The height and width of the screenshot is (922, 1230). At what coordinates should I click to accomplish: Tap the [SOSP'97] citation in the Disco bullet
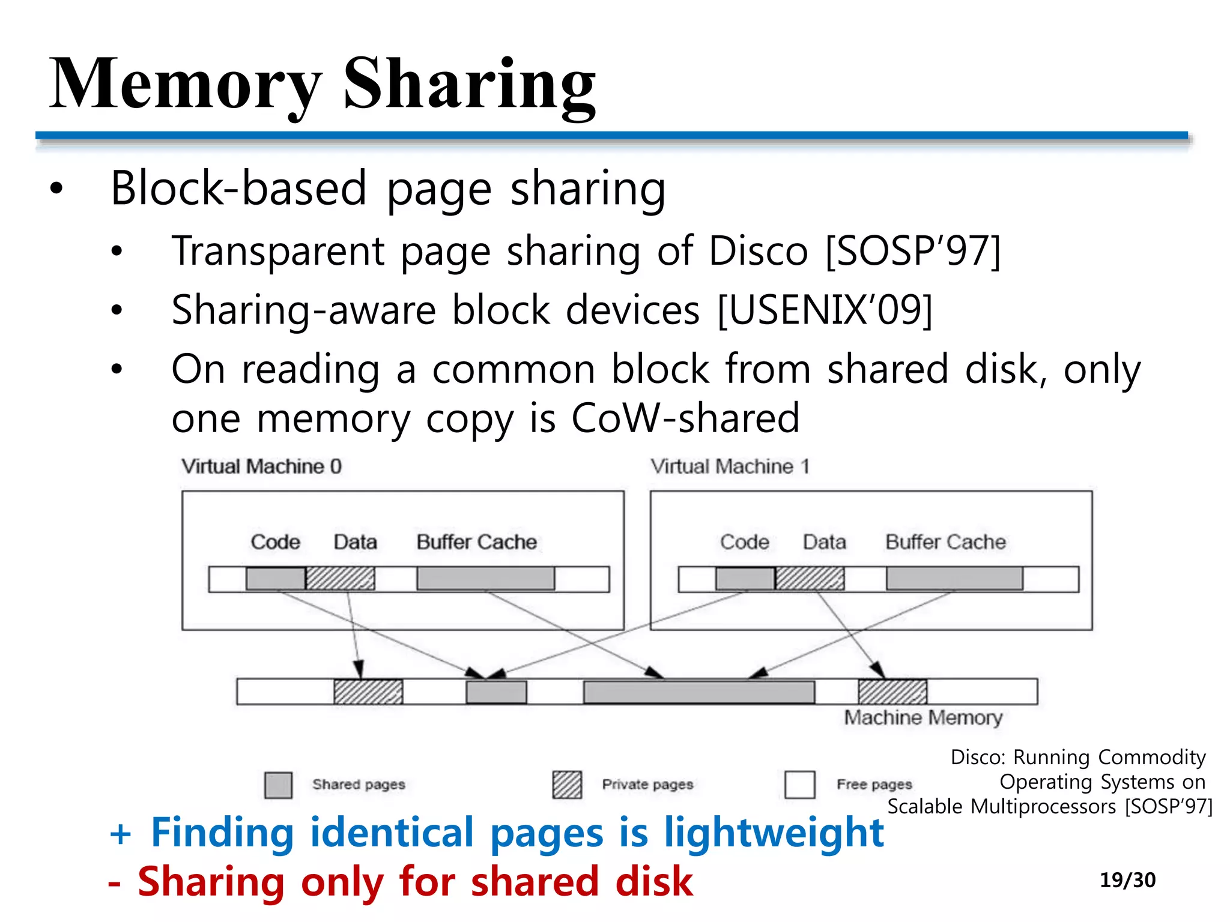click(x=913, y=250)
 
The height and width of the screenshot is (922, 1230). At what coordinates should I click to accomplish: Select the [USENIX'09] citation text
click(x=825, y=310)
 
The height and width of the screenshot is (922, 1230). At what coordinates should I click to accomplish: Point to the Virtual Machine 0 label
click(x=262, y=466)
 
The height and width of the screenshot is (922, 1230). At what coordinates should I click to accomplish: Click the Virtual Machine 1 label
click(x=730, y=466)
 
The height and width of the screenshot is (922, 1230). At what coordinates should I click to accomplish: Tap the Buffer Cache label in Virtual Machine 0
click(x=477, y=542)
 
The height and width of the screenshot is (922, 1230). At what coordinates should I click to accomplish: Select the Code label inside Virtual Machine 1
click(x=744, y=542)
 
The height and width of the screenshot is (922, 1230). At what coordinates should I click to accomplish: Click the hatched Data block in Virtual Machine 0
click(x=340, y=579)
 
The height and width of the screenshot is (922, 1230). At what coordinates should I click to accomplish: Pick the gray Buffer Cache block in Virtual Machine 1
click(x=954, y=579)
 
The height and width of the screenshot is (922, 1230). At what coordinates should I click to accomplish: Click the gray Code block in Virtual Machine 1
click(x=745, y=579)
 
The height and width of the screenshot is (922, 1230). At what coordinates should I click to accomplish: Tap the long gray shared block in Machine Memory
click(x=699, y=691)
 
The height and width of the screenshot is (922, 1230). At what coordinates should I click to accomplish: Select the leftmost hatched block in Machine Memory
click(x=368, y=691)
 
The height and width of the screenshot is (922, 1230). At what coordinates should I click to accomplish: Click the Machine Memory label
click(x=923, y=717)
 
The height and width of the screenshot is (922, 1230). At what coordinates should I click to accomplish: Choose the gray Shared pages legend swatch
click(x=279, y=785)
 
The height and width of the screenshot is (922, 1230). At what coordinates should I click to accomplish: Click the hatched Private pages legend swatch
click(x=567, y=785)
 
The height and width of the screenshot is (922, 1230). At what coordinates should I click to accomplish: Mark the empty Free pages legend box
click(x=799, y=785)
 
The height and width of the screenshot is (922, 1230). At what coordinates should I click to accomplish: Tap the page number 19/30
click(x=1127, y=880)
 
